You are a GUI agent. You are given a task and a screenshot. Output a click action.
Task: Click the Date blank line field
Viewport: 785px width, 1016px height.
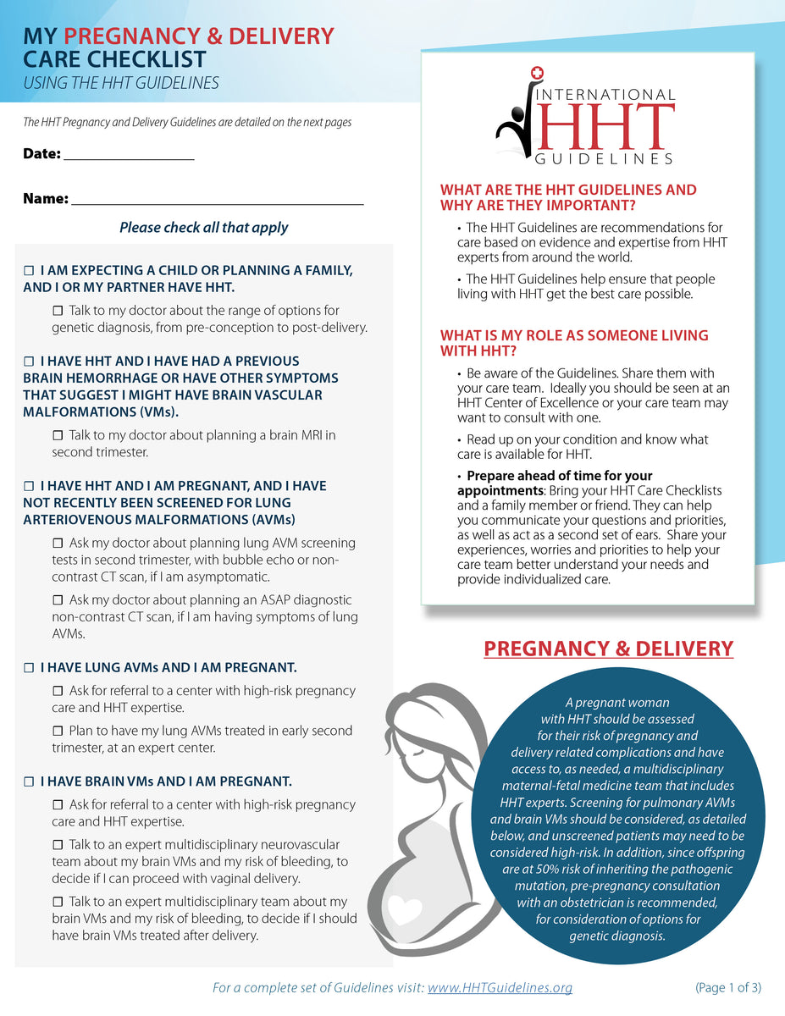tap(129, 155)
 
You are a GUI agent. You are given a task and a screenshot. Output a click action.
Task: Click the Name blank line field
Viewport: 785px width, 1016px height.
tap(218, 200)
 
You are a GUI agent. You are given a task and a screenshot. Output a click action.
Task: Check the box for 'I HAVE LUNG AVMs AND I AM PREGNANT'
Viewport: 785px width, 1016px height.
tap(28, 667)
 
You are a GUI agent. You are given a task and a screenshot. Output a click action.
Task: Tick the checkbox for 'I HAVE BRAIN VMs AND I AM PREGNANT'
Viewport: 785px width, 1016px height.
tap(28, 781)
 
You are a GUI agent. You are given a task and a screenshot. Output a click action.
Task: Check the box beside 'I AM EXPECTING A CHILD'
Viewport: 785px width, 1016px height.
tap(28, 270)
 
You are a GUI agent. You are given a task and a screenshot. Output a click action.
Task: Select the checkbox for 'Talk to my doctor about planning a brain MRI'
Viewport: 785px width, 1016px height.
tap(58, 435)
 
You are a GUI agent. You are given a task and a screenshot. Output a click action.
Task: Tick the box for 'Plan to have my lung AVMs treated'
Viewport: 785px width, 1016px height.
tap(58, 731)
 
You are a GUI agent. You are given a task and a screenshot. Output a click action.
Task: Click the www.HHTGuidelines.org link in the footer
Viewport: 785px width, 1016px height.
tap(500, 987)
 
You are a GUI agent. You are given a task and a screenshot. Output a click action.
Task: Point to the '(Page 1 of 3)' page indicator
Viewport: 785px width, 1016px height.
tap(727, 987)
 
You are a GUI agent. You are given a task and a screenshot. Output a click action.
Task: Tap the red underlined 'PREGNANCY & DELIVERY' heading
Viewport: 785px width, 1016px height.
tap(608, 649)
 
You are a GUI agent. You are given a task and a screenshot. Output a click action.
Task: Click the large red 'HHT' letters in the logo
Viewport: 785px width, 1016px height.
tap(605, 128)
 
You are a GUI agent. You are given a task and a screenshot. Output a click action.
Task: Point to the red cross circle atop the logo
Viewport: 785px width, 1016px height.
tap(535, 75)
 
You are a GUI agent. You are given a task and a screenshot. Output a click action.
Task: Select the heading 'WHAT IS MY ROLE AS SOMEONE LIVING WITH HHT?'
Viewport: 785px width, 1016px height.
tap(574, 343)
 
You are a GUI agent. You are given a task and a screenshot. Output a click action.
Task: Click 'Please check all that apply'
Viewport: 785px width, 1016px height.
tap(203, 228)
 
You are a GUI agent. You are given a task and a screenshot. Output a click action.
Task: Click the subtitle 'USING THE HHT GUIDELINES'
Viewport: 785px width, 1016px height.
tap(121, 83)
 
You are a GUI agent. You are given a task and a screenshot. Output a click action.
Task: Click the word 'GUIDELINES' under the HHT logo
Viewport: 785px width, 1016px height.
tap(604, 158)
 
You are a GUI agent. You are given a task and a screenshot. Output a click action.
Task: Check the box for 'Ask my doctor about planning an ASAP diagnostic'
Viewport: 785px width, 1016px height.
tap(58, 599)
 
